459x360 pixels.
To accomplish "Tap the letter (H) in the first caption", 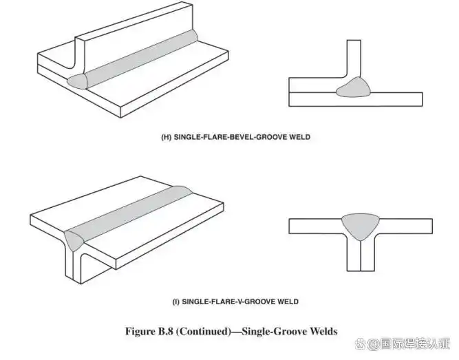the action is [x=167, y=137].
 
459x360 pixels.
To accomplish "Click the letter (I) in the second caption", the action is [x=176, y=301].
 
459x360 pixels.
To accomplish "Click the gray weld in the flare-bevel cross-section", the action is [x=354, y=87].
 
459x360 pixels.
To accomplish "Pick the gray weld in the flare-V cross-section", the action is [x=361, y=226].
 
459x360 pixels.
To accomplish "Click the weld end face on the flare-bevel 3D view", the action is [x=77, y=81].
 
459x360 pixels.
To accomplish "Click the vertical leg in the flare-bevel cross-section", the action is [x=354, y=59].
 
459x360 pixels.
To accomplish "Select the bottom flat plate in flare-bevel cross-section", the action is [x=356, y=99].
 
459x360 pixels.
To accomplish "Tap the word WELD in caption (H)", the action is [x=299, y=137].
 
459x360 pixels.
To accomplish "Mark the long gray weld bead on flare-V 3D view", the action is [x=129, y=214].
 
